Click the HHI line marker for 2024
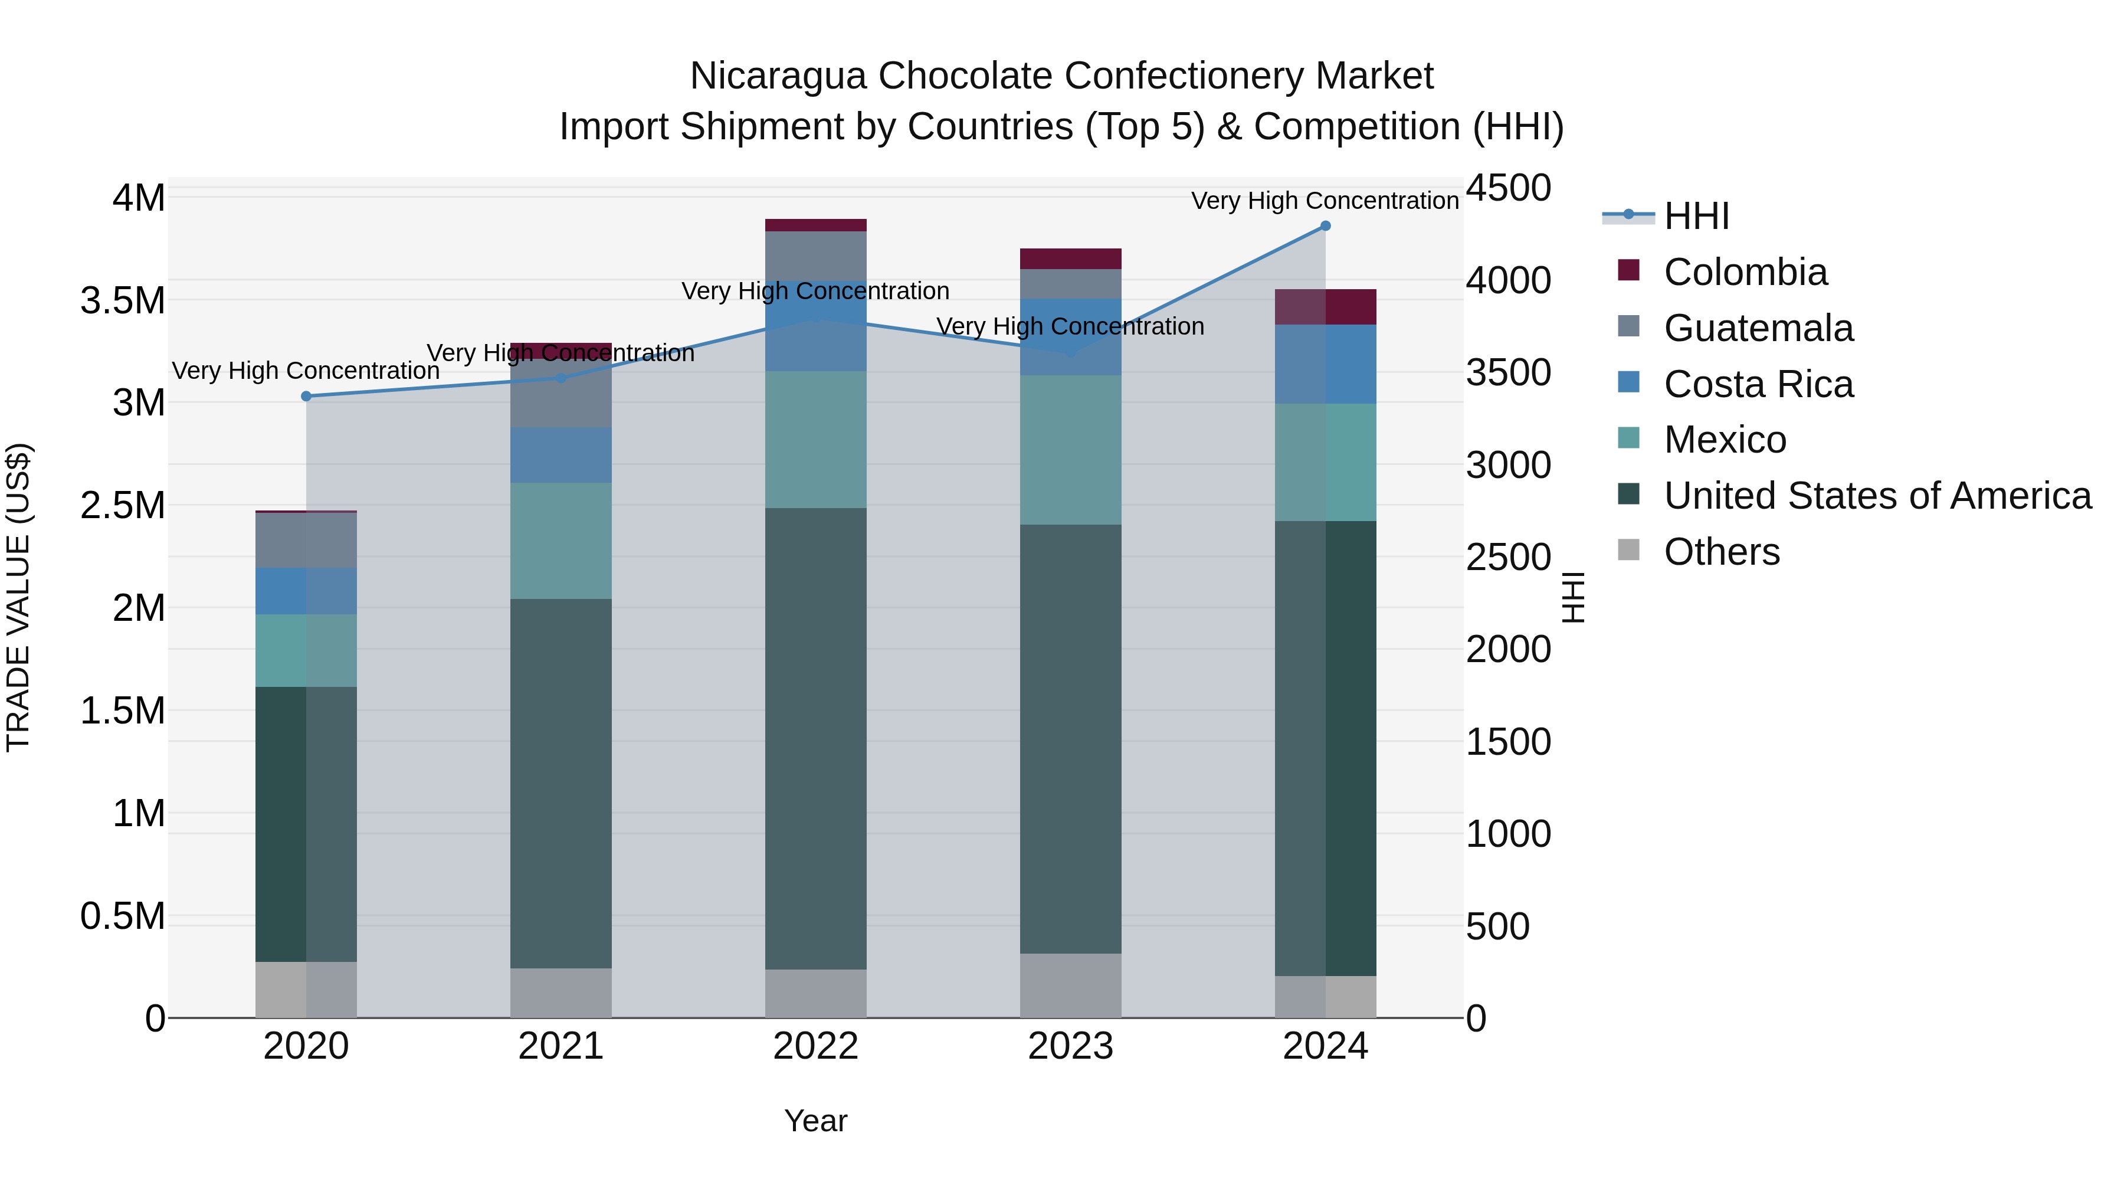1325,226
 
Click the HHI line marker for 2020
306,396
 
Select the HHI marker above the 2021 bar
560,378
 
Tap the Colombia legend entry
1745,272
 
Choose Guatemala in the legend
1758,328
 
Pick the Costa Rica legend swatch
1628,382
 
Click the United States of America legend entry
1877,496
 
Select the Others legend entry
1722,552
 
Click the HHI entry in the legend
1696,216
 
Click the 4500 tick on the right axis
1508,188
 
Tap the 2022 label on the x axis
815,1046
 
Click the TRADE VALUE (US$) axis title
18,597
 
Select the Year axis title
815,1121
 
